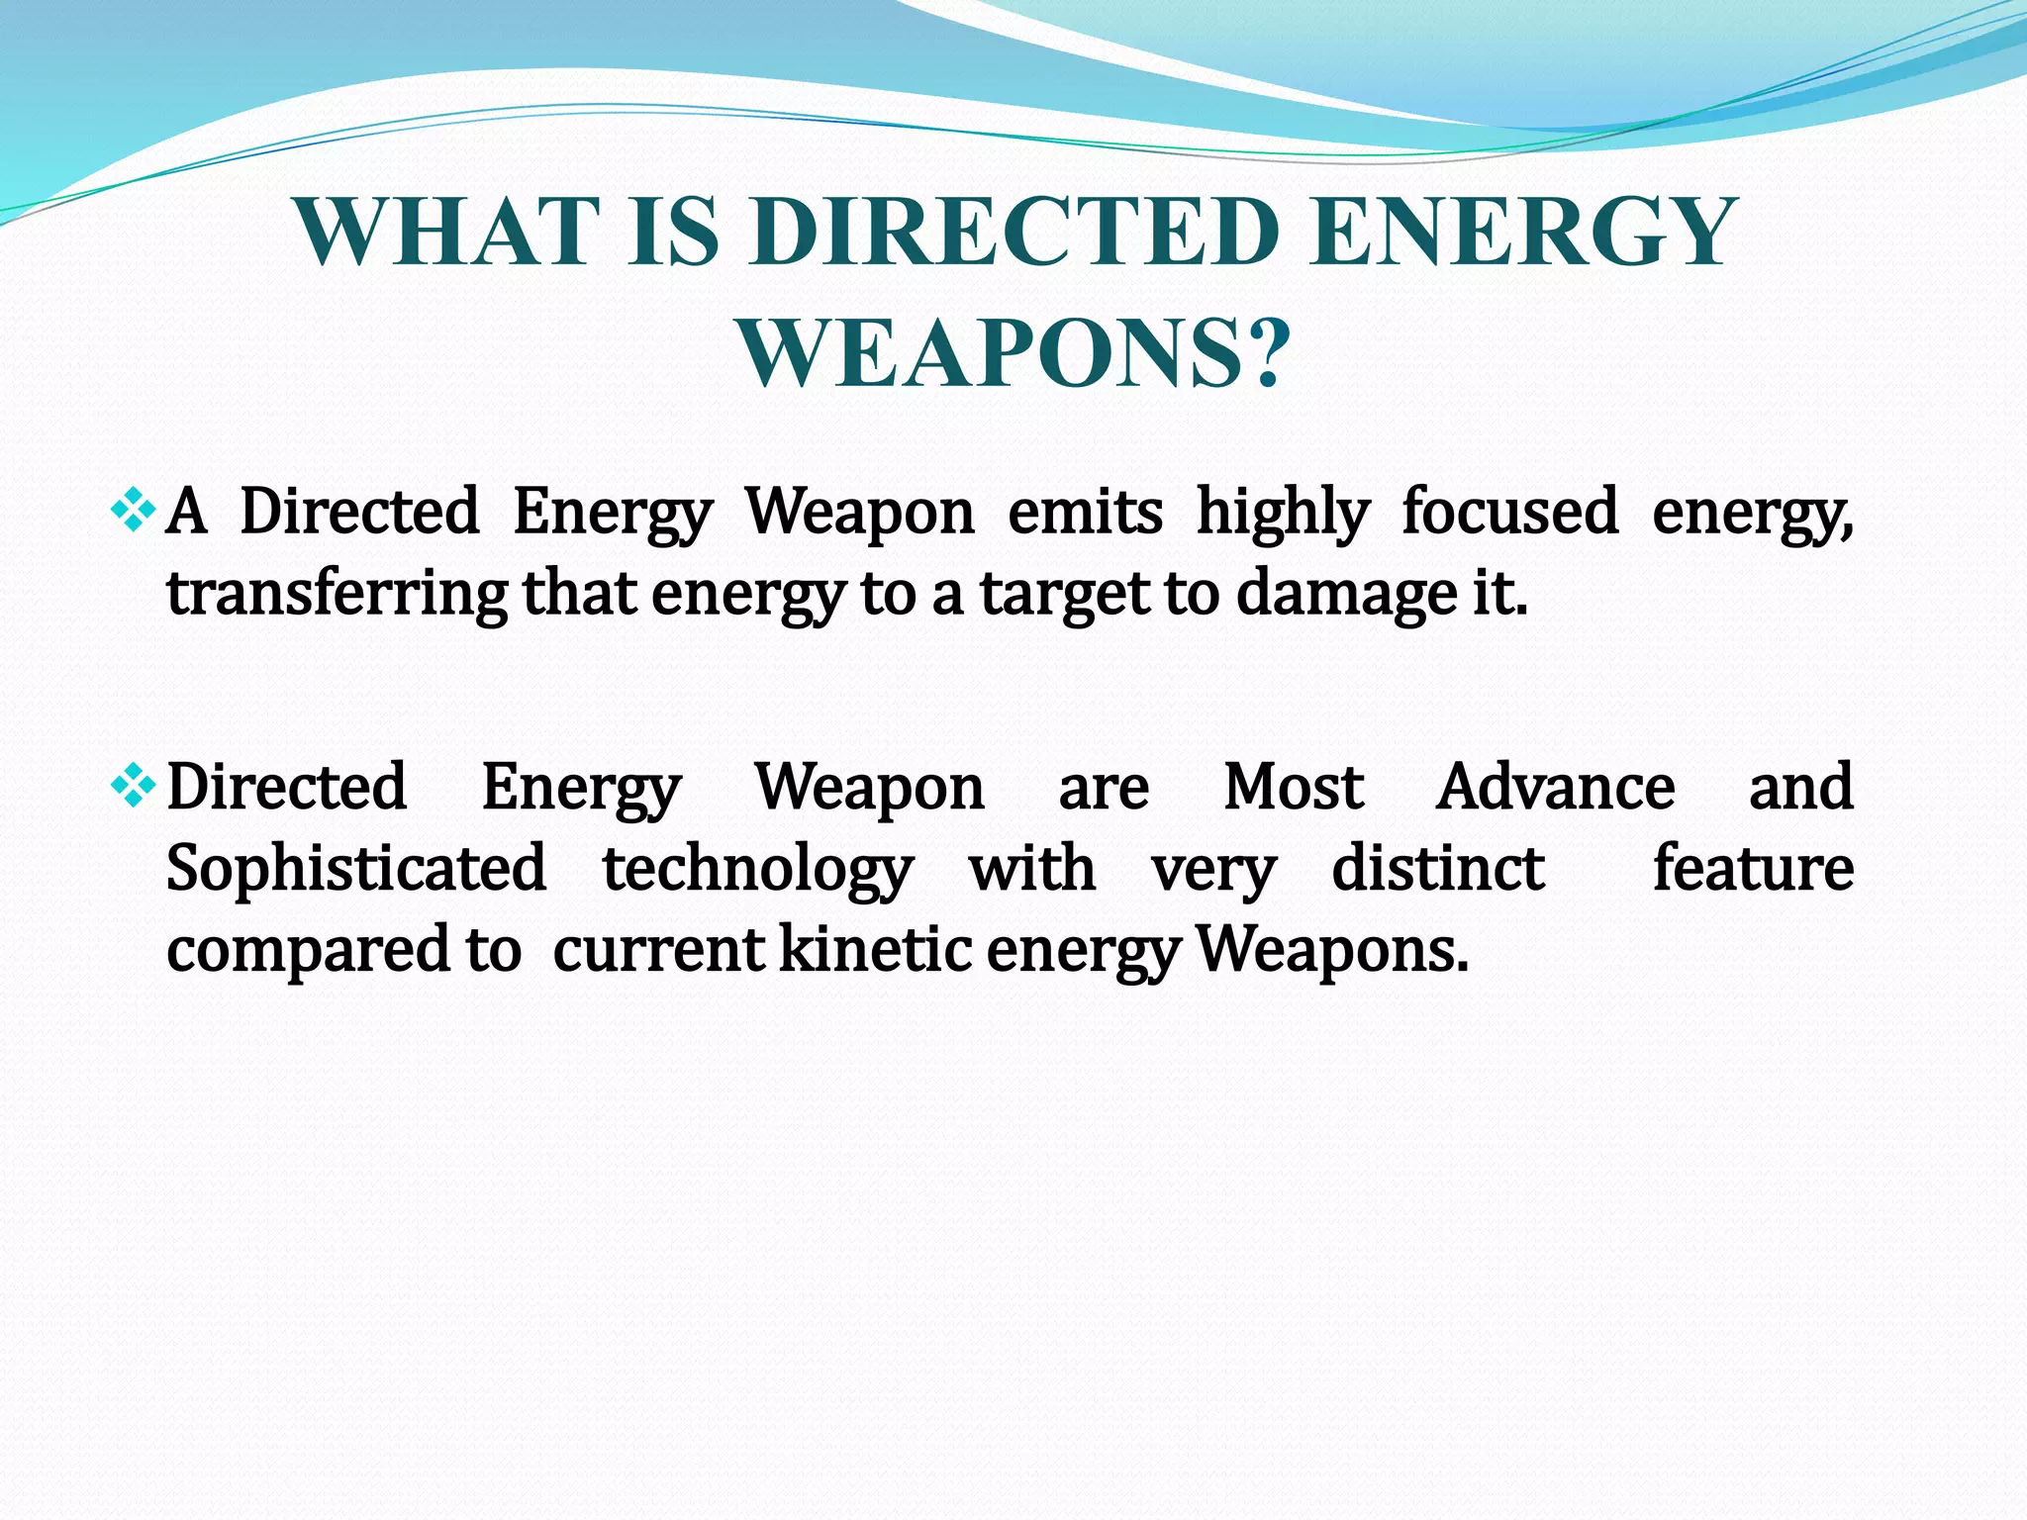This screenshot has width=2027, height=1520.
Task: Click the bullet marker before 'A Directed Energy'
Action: pyautogui.click(x=133, y=512)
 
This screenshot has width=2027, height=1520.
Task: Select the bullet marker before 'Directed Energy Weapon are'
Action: pyautogui.click(x=133, y=787)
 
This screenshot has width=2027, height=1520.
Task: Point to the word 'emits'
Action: pyautogui.click(x=1085, y=512)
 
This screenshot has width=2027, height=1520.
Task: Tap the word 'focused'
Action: pyautogui.click(x=1509, y=512)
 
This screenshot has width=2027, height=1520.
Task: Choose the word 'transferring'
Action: pyautogui.click(x=337, y=595)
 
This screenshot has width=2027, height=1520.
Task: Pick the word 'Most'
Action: pyautogui.click(x=1294, y=788)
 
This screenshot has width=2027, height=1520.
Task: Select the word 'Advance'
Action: pyautogui.click(x=1555, y=788)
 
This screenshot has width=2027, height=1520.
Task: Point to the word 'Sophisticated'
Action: pyautogui.click(x=355, y=869)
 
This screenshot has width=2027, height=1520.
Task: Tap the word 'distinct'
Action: pyautogui.click(x=1437, y=868)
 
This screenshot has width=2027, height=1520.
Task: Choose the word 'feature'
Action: pyautogui.click(x=1753, y=868)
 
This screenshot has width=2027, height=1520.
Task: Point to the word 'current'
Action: pyautogui.click(x=658, y=950)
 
